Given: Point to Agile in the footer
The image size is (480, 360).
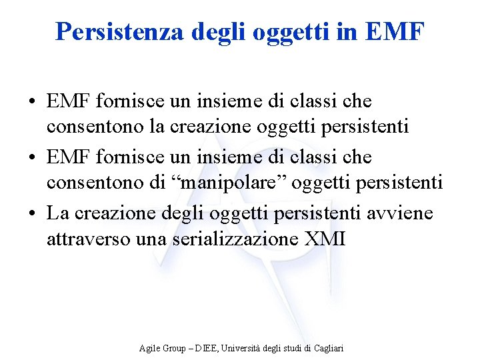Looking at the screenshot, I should pos(149,348).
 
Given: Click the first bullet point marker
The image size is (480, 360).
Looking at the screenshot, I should pos(32,102).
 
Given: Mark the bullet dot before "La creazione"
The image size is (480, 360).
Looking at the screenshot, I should pos(32,214).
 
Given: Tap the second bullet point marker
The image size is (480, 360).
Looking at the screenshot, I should pos(32,158).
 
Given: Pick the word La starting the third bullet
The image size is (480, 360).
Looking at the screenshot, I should pos(58,213).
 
